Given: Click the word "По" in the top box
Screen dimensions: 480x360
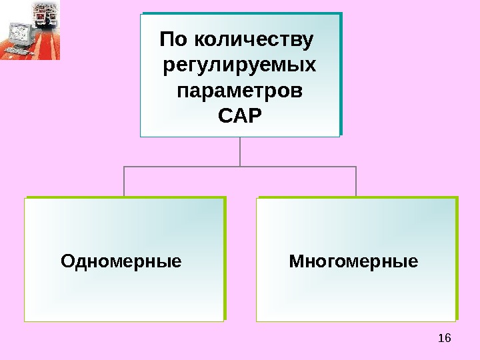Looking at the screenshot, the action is [173, 41].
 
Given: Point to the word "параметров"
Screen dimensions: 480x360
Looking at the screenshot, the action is [240, 91].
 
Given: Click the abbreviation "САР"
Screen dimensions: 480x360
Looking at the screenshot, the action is [240, 115].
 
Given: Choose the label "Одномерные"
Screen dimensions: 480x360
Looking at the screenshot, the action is [121, 260].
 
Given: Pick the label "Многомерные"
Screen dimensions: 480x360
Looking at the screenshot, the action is [353, 260].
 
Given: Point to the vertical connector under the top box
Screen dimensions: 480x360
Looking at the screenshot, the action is [240, 151].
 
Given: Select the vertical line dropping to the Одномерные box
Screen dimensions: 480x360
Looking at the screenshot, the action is [124, 181].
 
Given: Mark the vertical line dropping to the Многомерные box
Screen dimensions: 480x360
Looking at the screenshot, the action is [356, 181].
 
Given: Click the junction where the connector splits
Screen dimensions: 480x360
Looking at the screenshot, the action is [240, 167].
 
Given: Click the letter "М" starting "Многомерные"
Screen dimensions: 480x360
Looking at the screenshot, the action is [296, 260].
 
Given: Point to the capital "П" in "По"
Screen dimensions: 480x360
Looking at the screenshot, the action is [167, 41].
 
